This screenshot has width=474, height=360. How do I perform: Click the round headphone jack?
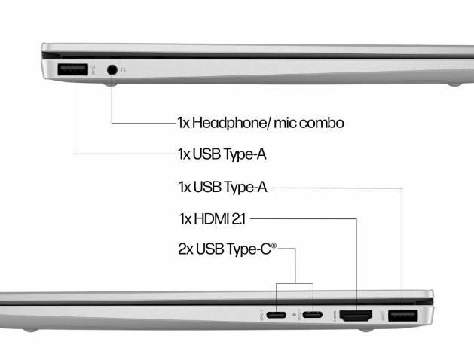tap(112, 69)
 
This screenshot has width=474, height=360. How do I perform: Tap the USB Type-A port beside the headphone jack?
tap(73, 70)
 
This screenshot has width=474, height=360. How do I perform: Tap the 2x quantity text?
tap(185, 249)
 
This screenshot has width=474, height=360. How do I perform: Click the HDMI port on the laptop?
tap(355, 316)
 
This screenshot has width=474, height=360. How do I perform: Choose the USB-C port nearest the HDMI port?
tap(313, 316)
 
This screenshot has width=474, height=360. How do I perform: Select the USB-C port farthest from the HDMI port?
tap(276, 316)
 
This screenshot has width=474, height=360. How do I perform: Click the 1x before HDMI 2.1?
tap(185, 219)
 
